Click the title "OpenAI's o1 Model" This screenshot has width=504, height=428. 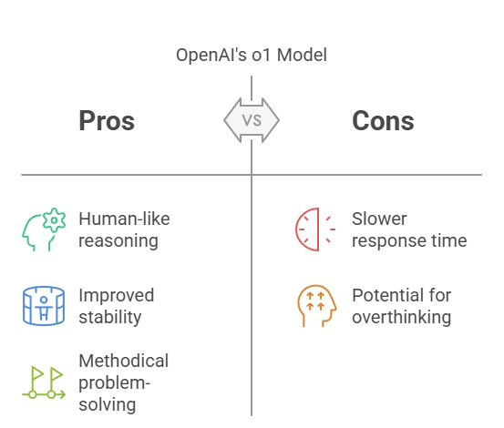coord(252,55)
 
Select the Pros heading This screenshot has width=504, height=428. coord(107,121)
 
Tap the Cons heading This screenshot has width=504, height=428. coord(383,121)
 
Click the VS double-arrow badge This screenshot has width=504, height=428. coord(252,120)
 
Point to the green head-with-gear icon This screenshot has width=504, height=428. coord(44,229)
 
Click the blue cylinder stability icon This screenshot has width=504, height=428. coord(44,306)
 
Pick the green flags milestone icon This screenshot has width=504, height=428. coord(44,383)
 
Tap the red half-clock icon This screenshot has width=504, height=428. coord(315,229)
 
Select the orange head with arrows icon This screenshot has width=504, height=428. coord(316,306)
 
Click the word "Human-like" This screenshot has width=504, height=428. coord(124,219)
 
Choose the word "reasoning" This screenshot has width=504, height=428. coord(118,241)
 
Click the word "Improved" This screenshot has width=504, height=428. coord(117,295)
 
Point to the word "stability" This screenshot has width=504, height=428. coord(110,317)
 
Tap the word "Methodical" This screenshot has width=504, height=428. coord(124,361)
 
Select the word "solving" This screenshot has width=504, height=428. coord(107,404)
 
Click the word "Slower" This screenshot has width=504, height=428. coord(379,219)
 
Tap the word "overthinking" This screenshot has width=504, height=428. coord(402,317)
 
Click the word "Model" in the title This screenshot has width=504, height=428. coord(303,55)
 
